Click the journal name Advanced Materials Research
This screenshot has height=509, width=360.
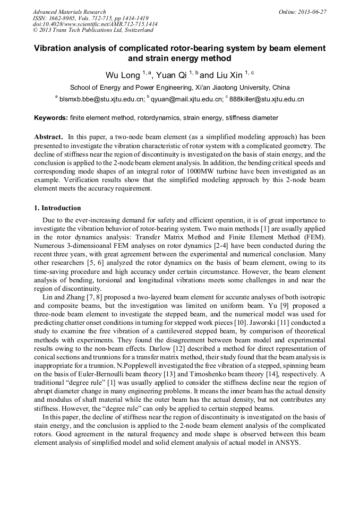69,12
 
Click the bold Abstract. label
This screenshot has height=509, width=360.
49,136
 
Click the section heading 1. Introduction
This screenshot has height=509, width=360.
58,208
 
